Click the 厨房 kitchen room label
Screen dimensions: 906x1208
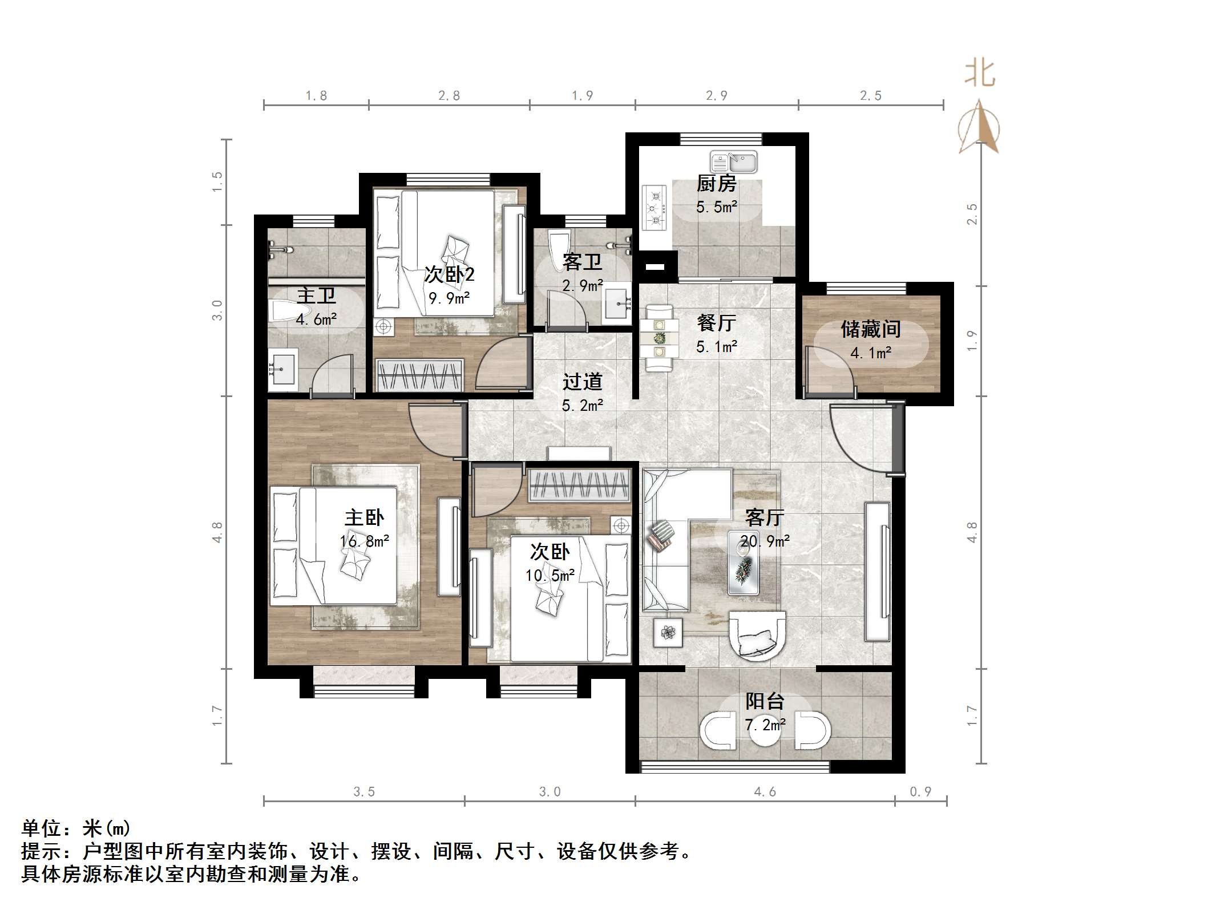tap(716, 184)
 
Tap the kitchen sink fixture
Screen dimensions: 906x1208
tap(733, 163)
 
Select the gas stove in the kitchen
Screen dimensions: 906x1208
tap(654, 208)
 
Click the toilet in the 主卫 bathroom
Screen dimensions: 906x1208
tap(282, 312)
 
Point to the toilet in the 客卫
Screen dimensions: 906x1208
tap(559, 248)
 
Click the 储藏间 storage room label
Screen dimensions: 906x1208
tap(870, 329)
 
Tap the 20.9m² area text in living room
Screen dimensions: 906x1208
tap(765, 541)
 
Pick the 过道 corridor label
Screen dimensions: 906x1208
tap(582, 382)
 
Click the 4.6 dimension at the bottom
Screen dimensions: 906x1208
tap(765, 791)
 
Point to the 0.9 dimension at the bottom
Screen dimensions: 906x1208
tap(920, 791)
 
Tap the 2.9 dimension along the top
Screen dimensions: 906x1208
tap(716, 96)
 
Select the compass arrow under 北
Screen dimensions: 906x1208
tap(979, 128)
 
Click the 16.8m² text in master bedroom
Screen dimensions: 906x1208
tap(365, 541)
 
